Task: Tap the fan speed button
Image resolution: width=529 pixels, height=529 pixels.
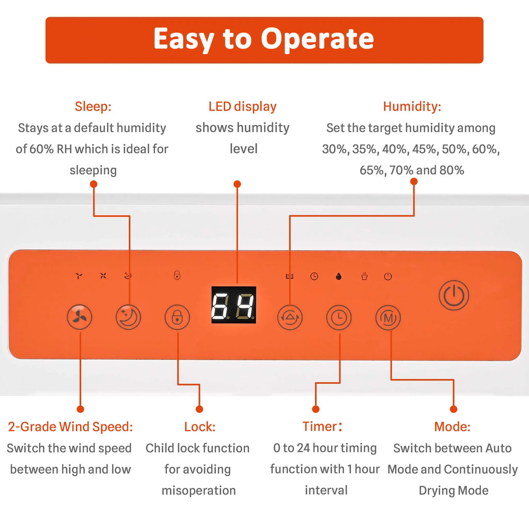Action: (80, 317)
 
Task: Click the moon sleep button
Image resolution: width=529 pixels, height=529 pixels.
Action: (128, 317)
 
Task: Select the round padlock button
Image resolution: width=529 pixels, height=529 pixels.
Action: (177, 317)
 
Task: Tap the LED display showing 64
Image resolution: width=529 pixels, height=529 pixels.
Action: (234, 305)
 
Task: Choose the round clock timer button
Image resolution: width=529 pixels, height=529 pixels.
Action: (339, 318)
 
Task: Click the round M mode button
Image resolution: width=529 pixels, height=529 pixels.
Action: (388, 318)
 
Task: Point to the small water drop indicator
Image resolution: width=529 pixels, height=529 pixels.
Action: (339, 277)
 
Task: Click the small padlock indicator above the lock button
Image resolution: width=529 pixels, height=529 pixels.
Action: (177, 275)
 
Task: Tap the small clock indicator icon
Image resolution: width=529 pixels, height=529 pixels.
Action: (314, 277)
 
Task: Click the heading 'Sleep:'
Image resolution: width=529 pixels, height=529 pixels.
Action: (93, 106)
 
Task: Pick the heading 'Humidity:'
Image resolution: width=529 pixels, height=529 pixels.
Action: (412, 106)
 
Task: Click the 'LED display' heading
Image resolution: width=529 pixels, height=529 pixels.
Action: (242, 106)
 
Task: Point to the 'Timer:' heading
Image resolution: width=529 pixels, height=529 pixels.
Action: (322, 426)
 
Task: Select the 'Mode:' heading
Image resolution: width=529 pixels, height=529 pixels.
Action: (452, 427)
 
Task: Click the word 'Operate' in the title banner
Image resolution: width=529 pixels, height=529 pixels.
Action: (318, 39)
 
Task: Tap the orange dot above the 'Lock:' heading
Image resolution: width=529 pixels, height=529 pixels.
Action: (199, 409)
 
